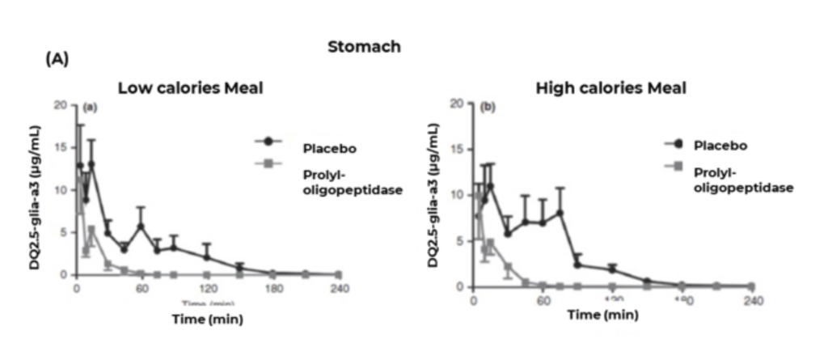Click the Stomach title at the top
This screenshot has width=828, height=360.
click(364, 46)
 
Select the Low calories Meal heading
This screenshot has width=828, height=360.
click(190, 87)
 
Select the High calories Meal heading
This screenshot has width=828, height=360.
click(611, 87)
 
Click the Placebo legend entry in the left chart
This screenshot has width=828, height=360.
click(329, 148)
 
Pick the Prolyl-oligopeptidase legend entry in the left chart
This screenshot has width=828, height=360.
click(352, 181)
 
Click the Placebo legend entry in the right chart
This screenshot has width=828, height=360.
click(720, 146)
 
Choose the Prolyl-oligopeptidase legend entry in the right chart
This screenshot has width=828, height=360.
click(742, 180)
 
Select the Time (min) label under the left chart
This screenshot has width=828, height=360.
click(207, 318)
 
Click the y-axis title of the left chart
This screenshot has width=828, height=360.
click(36, 189)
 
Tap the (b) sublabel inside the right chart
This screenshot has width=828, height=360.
click(488, 107)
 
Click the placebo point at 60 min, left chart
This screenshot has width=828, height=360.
click(141, 227)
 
